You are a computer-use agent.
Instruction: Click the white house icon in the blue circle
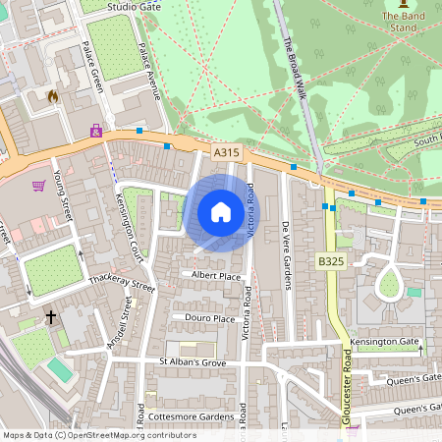[x=221, y=211]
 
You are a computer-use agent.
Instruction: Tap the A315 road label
[x=226, y=152]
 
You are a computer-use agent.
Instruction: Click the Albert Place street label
[x=216, y=276]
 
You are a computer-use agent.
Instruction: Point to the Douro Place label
[x=210, y=318]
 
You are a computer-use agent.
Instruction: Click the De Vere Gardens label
[x=287, y=255]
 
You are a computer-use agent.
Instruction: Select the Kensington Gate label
[x=384, y=342]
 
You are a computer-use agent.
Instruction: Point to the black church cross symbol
[x=51, y=317]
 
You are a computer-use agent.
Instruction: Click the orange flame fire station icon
[x=52, y=96]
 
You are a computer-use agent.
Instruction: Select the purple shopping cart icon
[x=39, y=185]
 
